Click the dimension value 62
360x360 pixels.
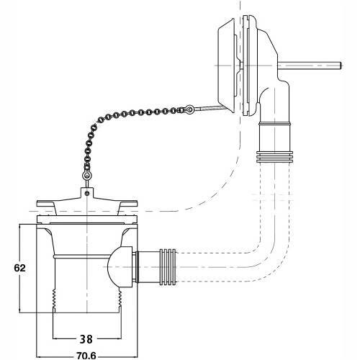pos(19,268)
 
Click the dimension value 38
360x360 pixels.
pos(86,339)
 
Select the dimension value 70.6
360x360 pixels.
pos(86,356)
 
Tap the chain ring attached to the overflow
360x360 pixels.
pos(189,109)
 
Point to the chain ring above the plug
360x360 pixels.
pos(86,176)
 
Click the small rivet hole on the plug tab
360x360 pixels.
pos(87,193)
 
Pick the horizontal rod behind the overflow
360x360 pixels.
pos(310,66)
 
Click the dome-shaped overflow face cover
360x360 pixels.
pos(227,66)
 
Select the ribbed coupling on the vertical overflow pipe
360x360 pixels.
pos(274,157)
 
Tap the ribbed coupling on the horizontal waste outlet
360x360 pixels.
pos(168,267)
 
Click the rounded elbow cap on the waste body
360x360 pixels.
pos(120,267)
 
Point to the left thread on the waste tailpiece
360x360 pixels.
pos(54,300)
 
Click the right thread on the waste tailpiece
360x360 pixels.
pos(120,300)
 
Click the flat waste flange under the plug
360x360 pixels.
pos(87,220)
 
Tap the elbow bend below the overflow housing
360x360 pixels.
pos(276,101)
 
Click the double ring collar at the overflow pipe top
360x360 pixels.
pos(274,124)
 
